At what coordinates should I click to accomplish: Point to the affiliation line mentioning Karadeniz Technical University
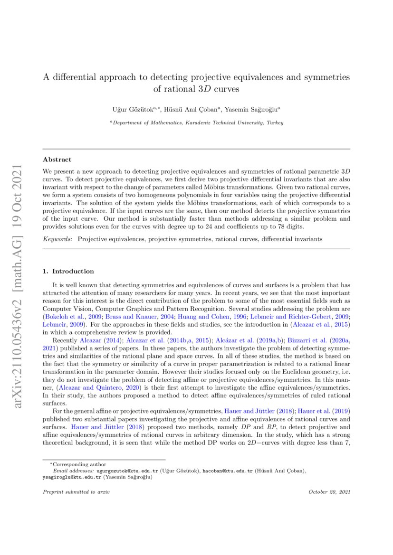197,122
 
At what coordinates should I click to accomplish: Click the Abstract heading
57,160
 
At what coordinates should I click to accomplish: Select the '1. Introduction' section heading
68,271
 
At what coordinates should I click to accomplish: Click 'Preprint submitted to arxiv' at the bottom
76,492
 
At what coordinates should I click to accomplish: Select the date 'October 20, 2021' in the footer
329,492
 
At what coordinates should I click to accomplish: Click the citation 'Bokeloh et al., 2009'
73,315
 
